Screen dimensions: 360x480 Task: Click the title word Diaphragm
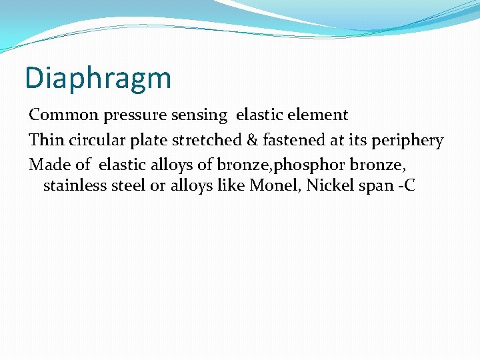98,79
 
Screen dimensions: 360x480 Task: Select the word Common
64,115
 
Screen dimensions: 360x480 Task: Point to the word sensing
198,115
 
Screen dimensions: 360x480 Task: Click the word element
320,115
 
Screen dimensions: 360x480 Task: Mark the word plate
145,141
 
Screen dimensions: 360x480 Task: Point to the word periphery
407,141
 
